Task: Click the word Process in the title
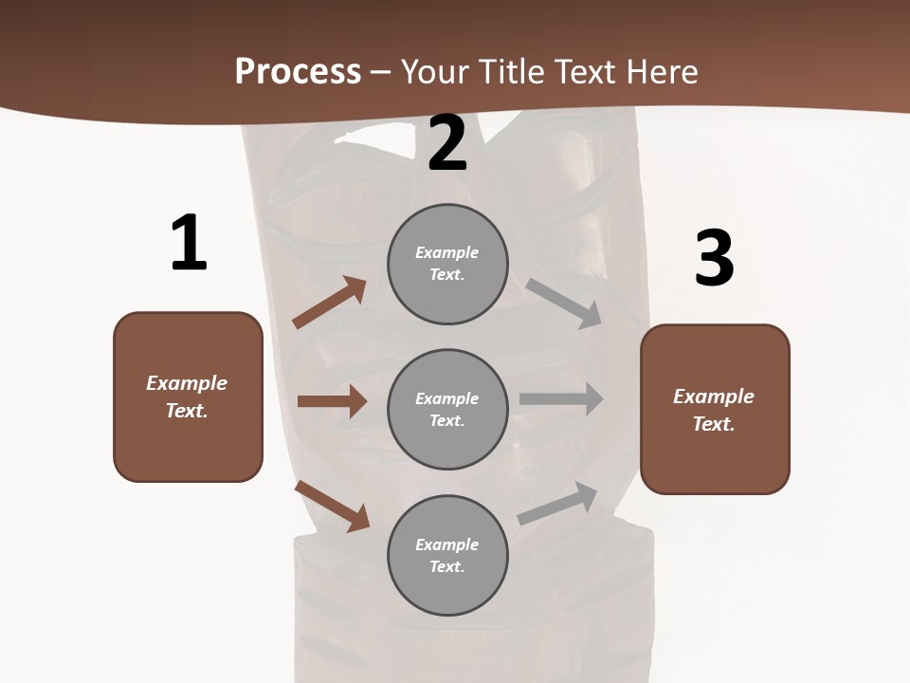298,72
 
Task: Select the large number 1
189,244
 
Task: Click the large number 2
447,143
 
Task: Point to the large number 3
714,258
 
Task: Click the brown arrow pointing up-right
330,303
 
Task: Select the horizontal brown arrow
332,401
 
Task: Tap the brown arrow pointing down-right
333,506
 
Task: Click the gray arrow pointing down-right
564,304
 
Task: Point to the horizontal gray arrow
561,399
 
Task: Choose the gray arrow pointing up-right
558,504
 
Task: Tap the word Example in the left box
187,383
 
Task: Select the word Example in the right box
714,397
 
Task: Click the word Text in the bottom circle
446,566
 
